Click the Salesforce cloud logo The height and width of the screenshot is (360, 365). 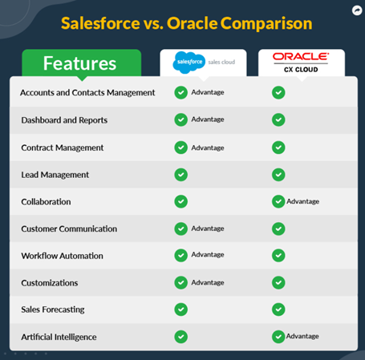(x=189, y=63)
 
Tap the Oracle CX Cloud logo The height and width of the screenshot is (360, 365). (x=301, y=63)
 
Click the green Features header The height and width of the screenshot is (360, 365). (x=82, y=63)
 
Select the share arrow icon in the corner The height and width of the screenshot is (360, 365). (x=357, y=10)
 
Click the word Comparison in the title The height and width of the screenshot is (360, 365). (x=266, y=23)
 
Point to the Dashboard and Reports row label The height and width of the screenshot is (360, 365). (x=64, y=120)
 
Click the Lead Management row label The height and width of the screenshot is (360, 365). (x=55, y=175)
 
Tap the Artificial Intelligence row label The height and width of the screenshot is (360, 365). (x=59, y=337)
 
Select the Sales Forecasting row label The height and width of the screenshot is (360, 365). (x=53, y=309)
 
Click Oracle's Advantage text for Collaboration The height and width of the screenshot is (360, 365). (x=303, y=201)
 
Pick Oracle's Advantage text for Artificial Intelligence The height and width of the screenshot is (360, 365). (x=302, y=336)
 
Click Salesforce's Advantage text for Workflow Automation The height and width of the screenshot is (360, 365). (x=208, y=255)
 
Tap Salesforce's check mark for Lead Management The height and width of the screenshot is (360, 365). (x=181, y=175)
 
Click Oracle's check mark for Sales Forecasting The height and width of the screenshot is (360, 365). (x=278, y=309)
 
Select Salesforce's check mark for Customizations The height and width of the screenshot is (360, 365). (x=181, y=282)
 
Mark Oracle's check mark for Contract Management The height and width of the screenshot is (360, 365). (x=278, y=148)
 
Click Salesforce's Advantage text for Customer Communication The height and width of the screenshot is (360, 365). (x=208, y=229)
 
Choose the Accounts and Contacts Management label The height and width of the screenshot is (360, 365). (x=87, y=92)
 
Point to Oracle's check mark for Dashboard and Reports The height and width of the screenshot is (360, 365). (x=278, y=119)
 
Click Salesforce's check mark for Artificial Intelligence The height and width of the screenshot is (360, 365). (x=181, y=337)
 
